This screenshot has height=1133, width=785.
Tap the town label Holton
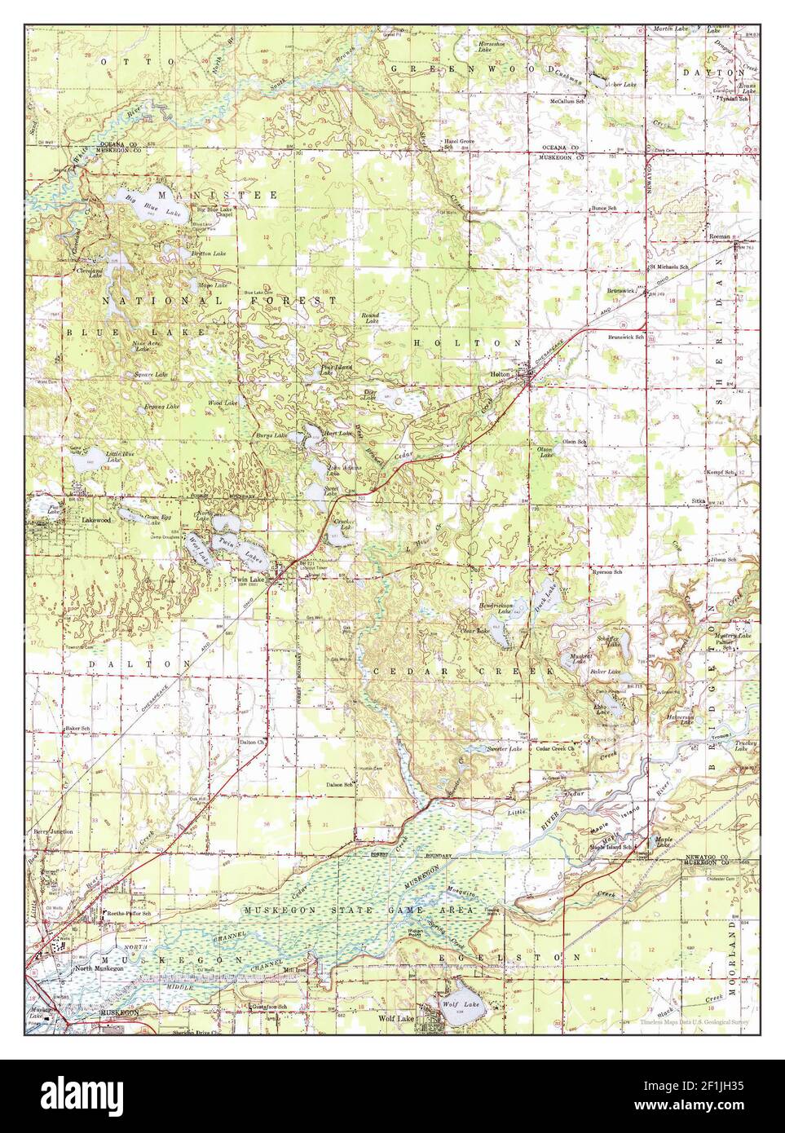click(x=499, y=373)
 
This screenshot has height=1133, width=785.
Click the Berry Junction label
click(x=53, y=831)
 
